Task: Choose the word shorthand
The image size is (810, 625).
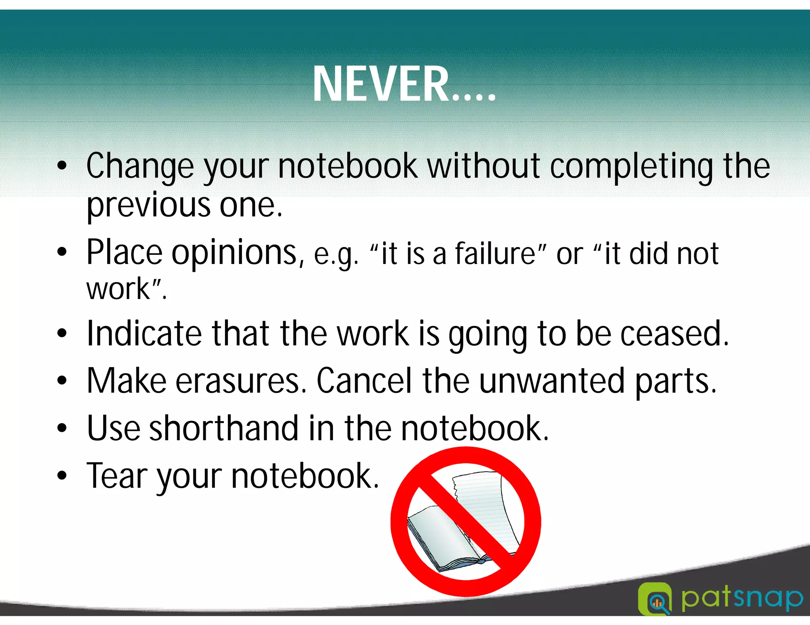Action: (x=223, y=429)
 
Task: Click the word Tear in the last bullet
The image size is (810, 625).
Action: (x=117, y=476)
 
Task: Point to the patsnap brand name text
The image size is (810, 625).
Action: (x=742, y=598)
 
